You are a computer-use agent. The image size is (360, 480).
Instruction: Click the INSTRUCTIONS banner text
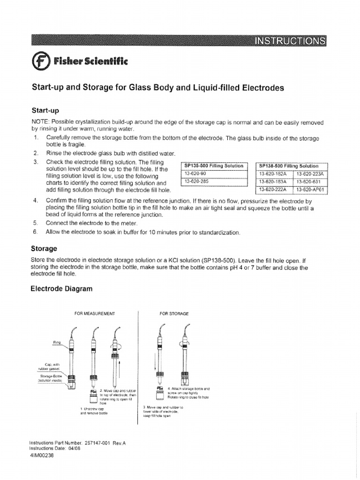[x=290, y=41]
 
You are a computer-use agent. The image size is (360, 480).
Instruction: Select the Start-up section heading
[x=45, y=111]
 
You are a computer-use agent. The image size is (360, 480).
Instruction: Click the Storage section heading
[x=44, y=248]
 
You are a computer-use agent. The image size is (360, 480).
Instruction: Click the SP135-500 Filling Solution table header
[x=214, y=166]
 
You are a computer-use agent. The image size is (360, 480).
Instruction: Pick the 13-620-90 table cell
[x=196, y=174]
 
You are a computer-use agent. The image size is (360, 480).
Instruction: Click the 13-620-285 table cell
[x=197, y=181]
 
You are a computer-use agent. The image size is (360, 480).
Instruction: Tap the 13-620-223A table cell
[x=311, y=174]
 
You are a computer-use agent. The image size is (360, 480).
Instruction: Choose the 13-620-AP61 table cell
[x=311, y=189]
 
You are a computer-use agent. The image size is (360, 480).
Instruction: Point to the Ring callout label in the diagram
[x=57, y=343]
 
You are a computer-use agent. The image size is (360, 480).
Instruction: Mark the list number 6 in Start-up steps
[x=35, y=232]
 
